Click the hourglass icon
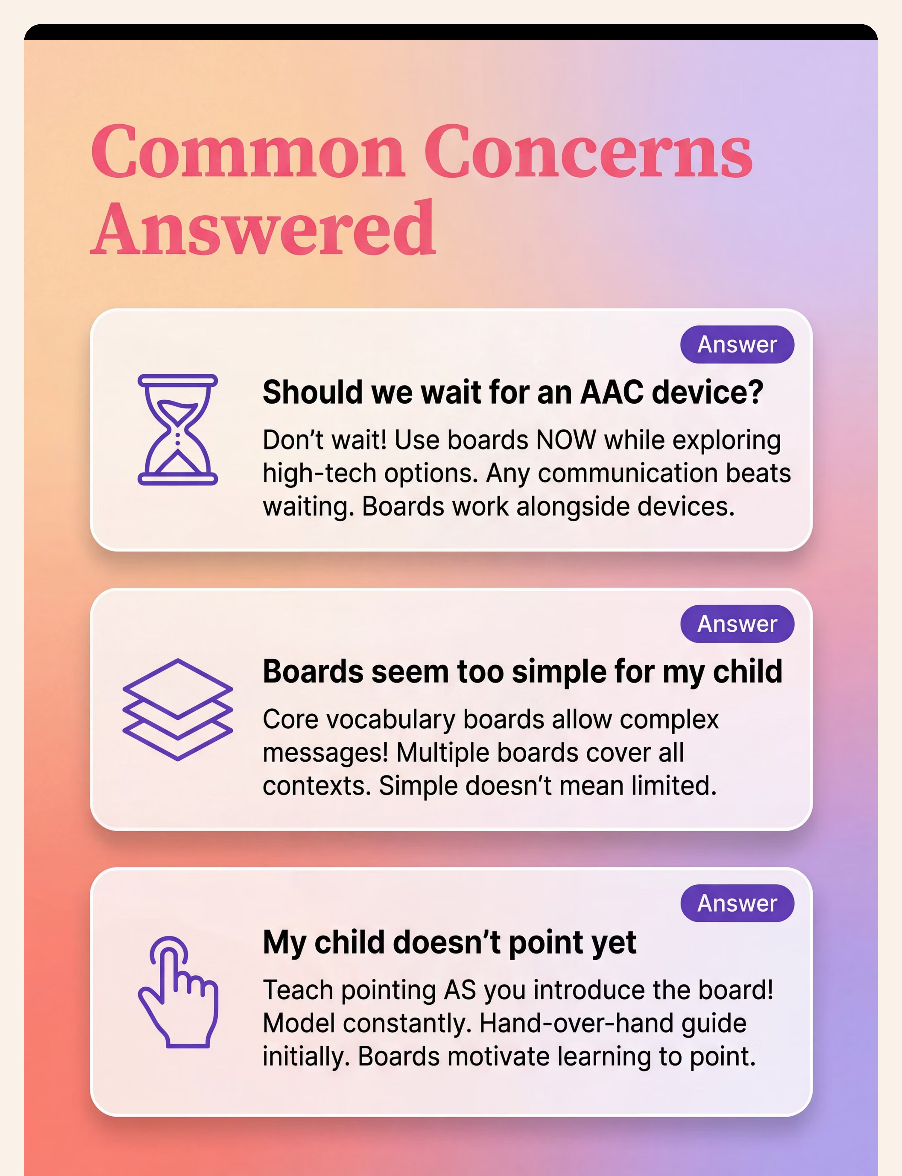178,430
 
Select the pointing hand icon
178,991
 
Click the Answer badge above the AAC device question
737,344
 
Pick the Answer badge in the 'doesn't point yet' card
737,903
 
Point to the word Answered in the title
263,228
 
